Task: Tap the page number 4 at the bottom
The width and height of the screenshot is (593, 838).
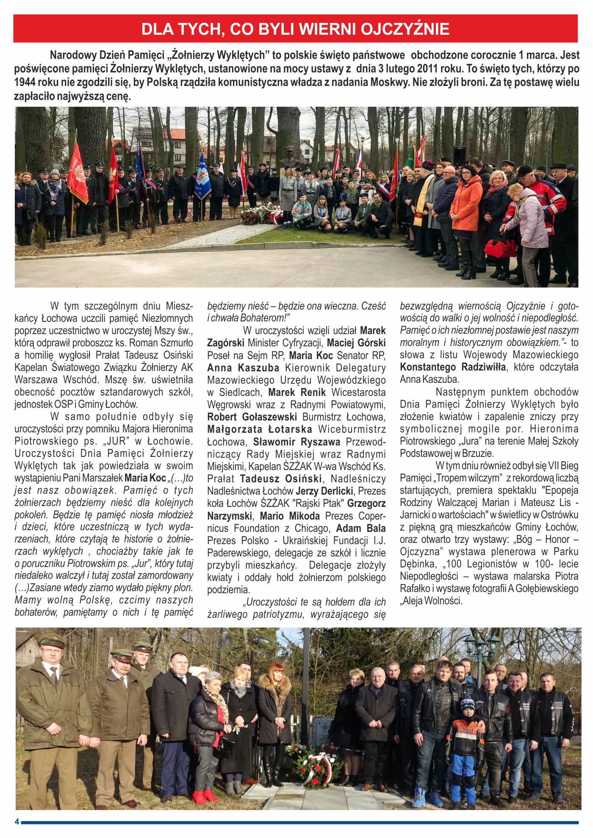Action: pos(17,822)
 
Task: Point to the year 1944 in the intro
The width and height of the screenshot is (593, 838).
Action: pos(25,82)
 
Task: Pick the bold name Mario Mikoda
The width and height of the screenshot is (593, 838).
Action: pos(290,516)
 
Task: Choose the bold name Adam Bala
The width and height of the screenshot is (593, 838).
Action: pos(361,528)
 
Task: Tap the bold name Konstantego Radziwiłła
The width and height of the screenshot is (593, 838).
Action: pos(452,367)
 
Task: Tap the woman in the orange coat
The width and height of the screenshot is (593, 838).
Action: pos(466,203)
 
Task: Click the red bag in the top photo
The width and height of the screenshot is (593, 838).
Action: pos(500,247)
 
